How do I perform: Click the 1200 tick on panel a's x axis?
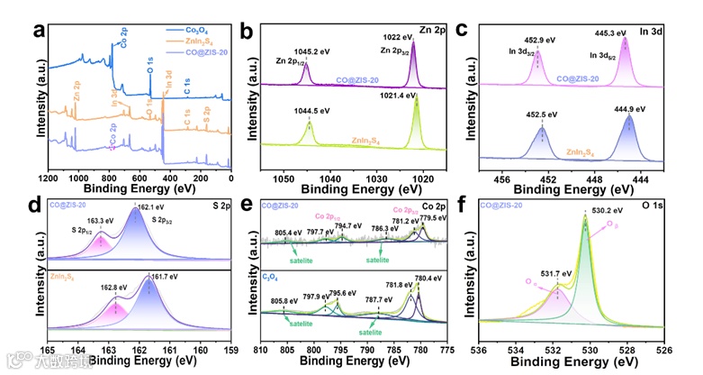pyautogui.click(x=50, y=173)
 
